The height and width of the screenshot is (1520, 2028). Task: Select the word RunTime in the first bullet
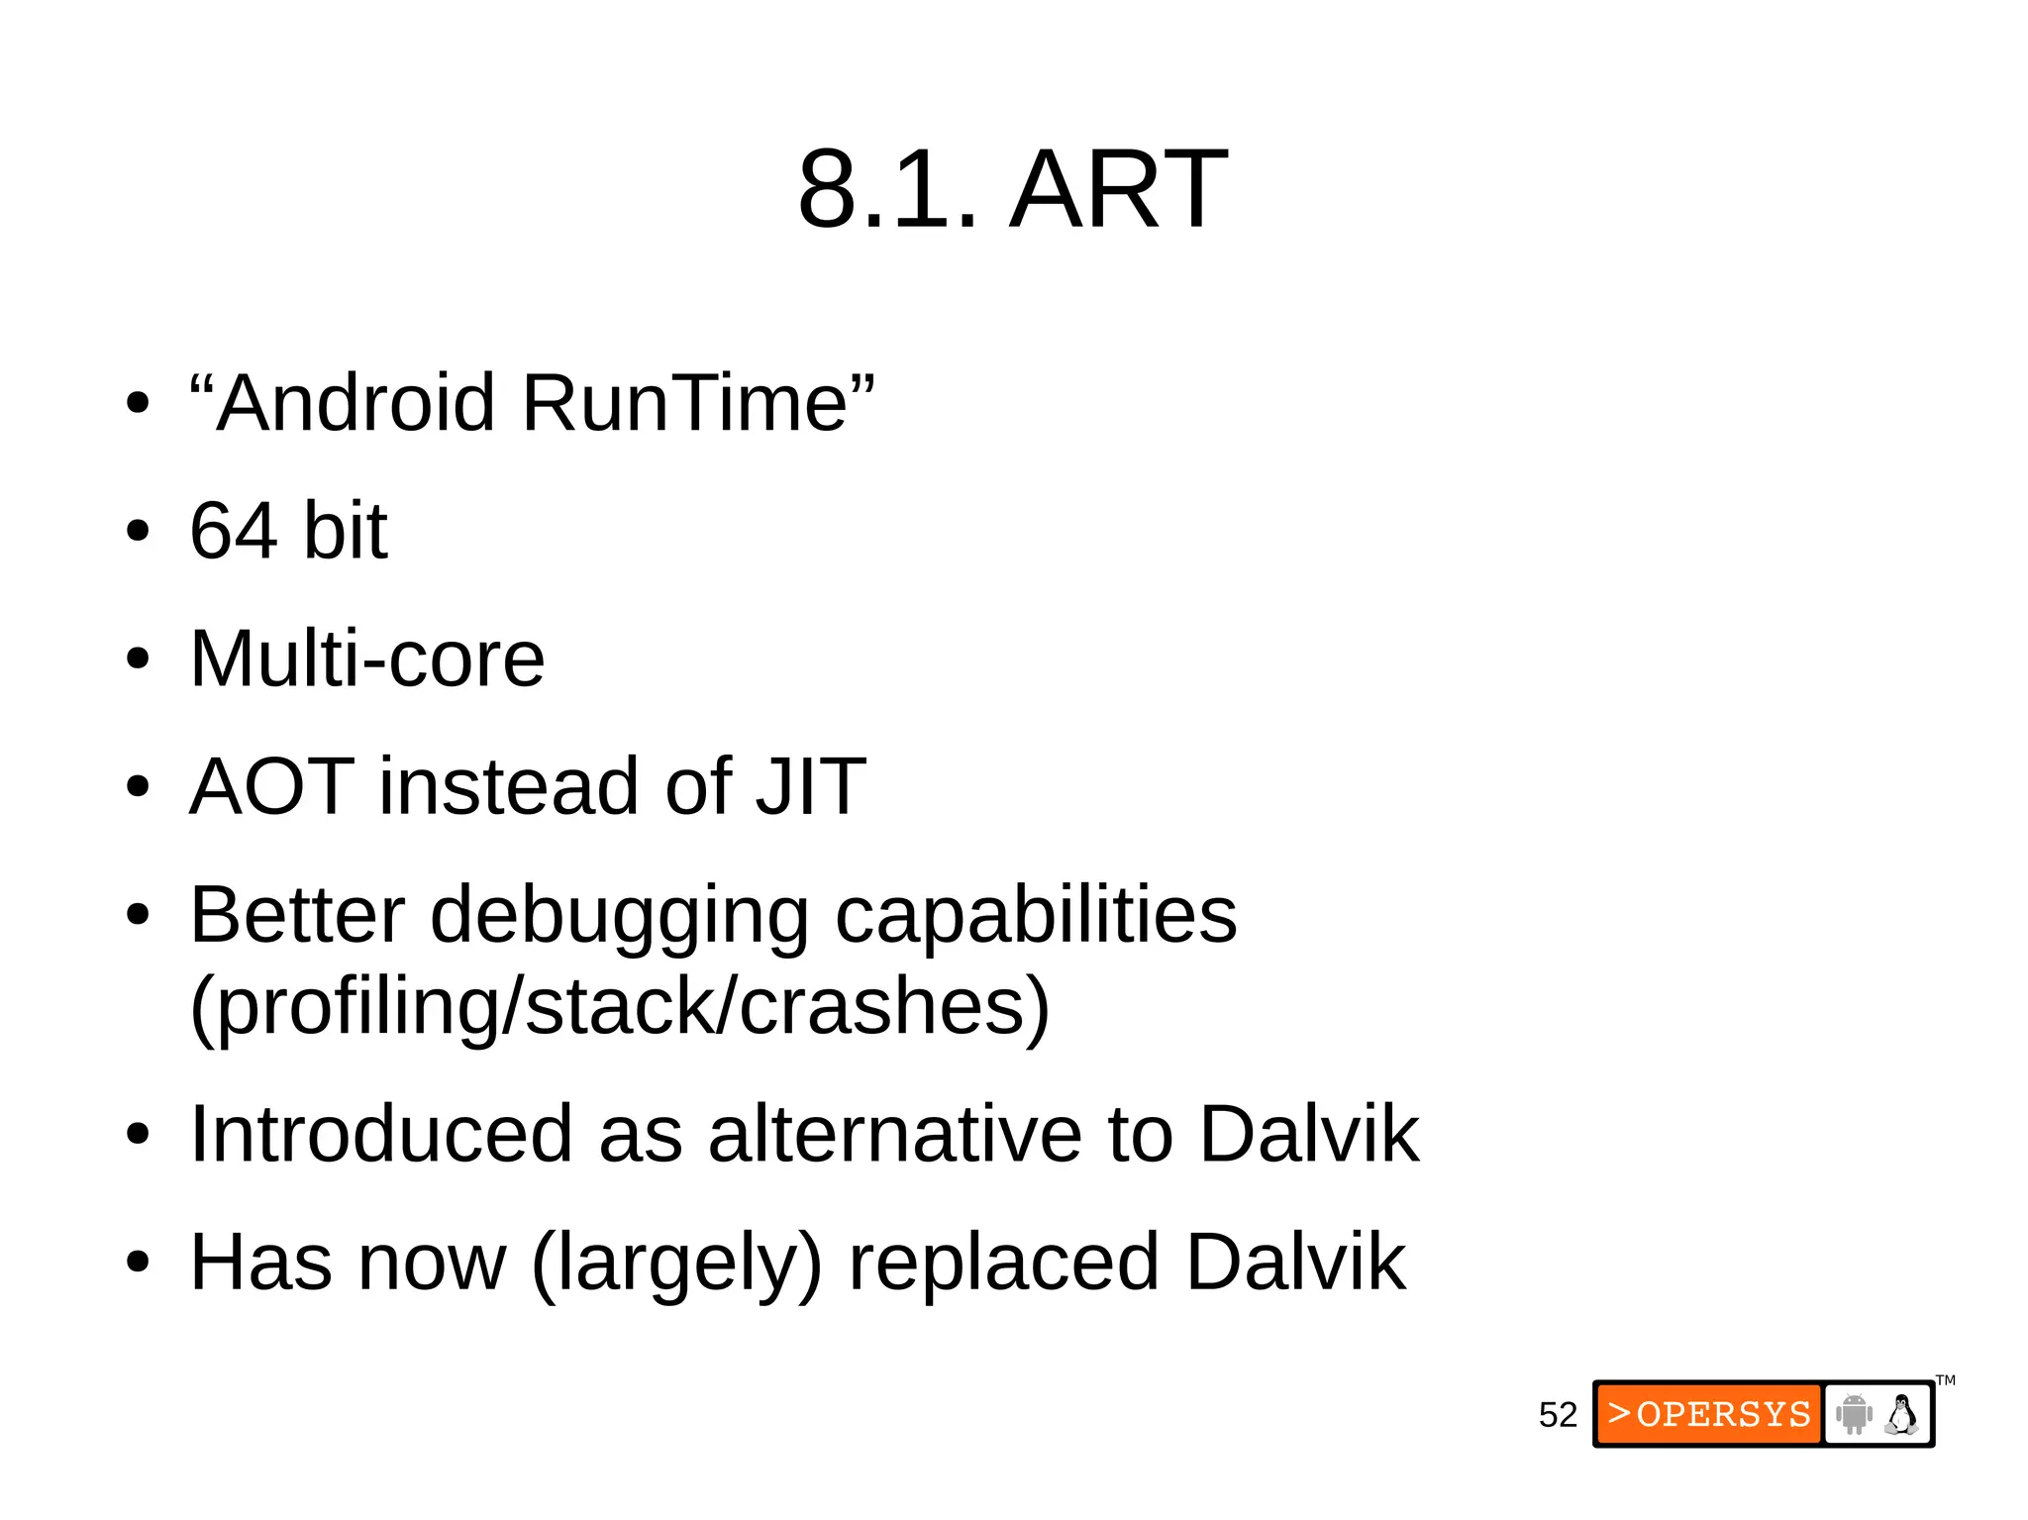pyautogui.click(x=684, y=403)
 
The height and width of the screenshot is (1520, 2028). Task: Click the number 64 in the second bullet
pyautogui.click(x=233, y=531)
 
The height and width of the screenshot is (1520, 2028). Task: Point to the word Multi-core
pyautogui.click(x=367, y=659)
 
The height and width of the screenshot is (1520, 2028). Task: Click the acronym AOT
pyautogui.click(x=271, y=786)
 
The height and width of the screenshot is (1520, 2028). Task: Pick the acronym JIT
pyautogui.click(x=810, y=786)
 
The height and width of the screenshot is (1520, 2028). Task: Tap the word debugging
pyautogui.click(x=619, y=915)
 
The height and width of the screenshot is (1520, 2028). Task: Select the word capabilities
pyautogui.click(x=1036, y=915)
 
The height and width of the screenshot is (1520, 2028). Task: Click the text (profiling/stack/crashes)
pyautogui.click(x=620, y=1007)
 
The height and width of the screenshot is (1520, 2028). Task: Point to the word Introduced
pyautogui.click(x=381, y=1134)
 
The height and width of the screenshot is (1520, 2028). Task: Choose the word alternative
pyautogui.click(x=895, y=1134)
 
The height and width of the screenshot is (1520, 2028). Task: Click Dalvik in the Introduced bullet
pyautogui.click(x=1309, y=1134)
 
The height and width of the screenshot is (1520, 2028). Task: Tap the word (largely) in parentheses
pyautogui.click(x=676, y=1263)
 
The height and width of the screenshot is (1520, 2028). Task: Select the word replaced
pyautogui.click(x=1004, y=1263)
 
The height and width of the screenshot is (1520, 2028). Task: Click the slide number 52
pyautogui.click(x=1557, y=1415)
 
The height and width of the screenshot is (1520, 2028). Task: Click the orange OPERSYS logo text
pyautogui.click(x=1709, y=1414)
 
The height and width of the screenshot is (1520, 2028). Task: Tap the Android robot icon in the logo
pyautogui.click(x=1853, y=1414)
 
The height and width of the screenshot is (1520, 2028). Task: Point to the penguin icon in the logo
pyautogui.click(x=1901, y=1414)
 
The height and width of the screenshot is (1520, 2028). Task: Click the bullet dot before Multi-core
pyautogui.click(x=138, y=659)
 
